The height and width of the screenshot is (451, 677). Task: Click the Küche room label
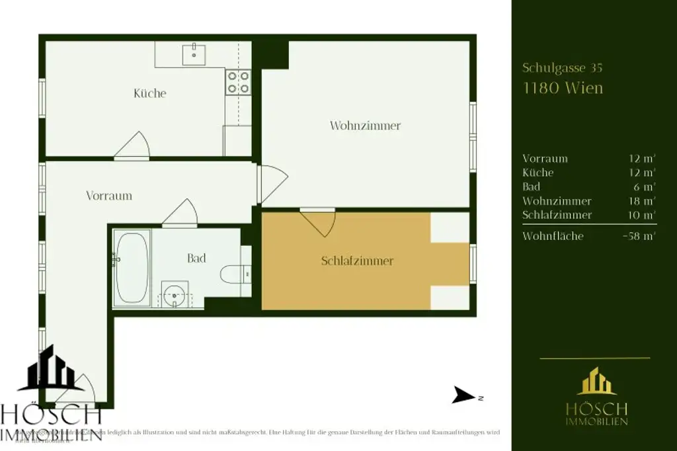pos(149,93)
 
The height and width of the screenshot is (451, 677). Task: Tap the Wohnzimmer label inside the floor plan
pos(365,126)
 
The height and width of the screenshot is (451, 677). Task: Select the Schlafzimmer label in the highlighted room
pos(357,261)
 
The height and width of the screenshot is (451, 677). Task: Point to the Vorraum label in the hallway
pos(109,196)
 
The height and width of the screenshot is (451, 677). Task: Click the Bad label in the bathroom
pos(196,259)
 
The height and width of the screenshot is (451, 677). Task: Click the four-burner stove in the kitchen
pos(238,82)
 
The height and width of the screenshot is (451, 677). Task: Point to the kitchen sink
pos(194,52)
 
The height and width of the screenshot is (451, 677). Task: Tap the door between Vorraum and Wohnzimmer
pos(271,183)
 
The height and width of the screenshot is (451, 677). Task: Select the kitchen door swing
pos(134,146)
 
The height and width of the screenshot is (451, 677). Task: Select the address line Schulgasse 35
pos(562,67)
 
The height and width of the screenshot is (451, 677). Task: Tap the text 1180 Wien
pos(563,88)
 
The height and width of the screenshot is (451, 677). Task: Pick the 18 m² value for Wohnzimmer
pos(642,201)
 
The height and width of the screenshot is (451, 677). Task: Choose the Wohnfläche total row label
pos(553,235)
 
